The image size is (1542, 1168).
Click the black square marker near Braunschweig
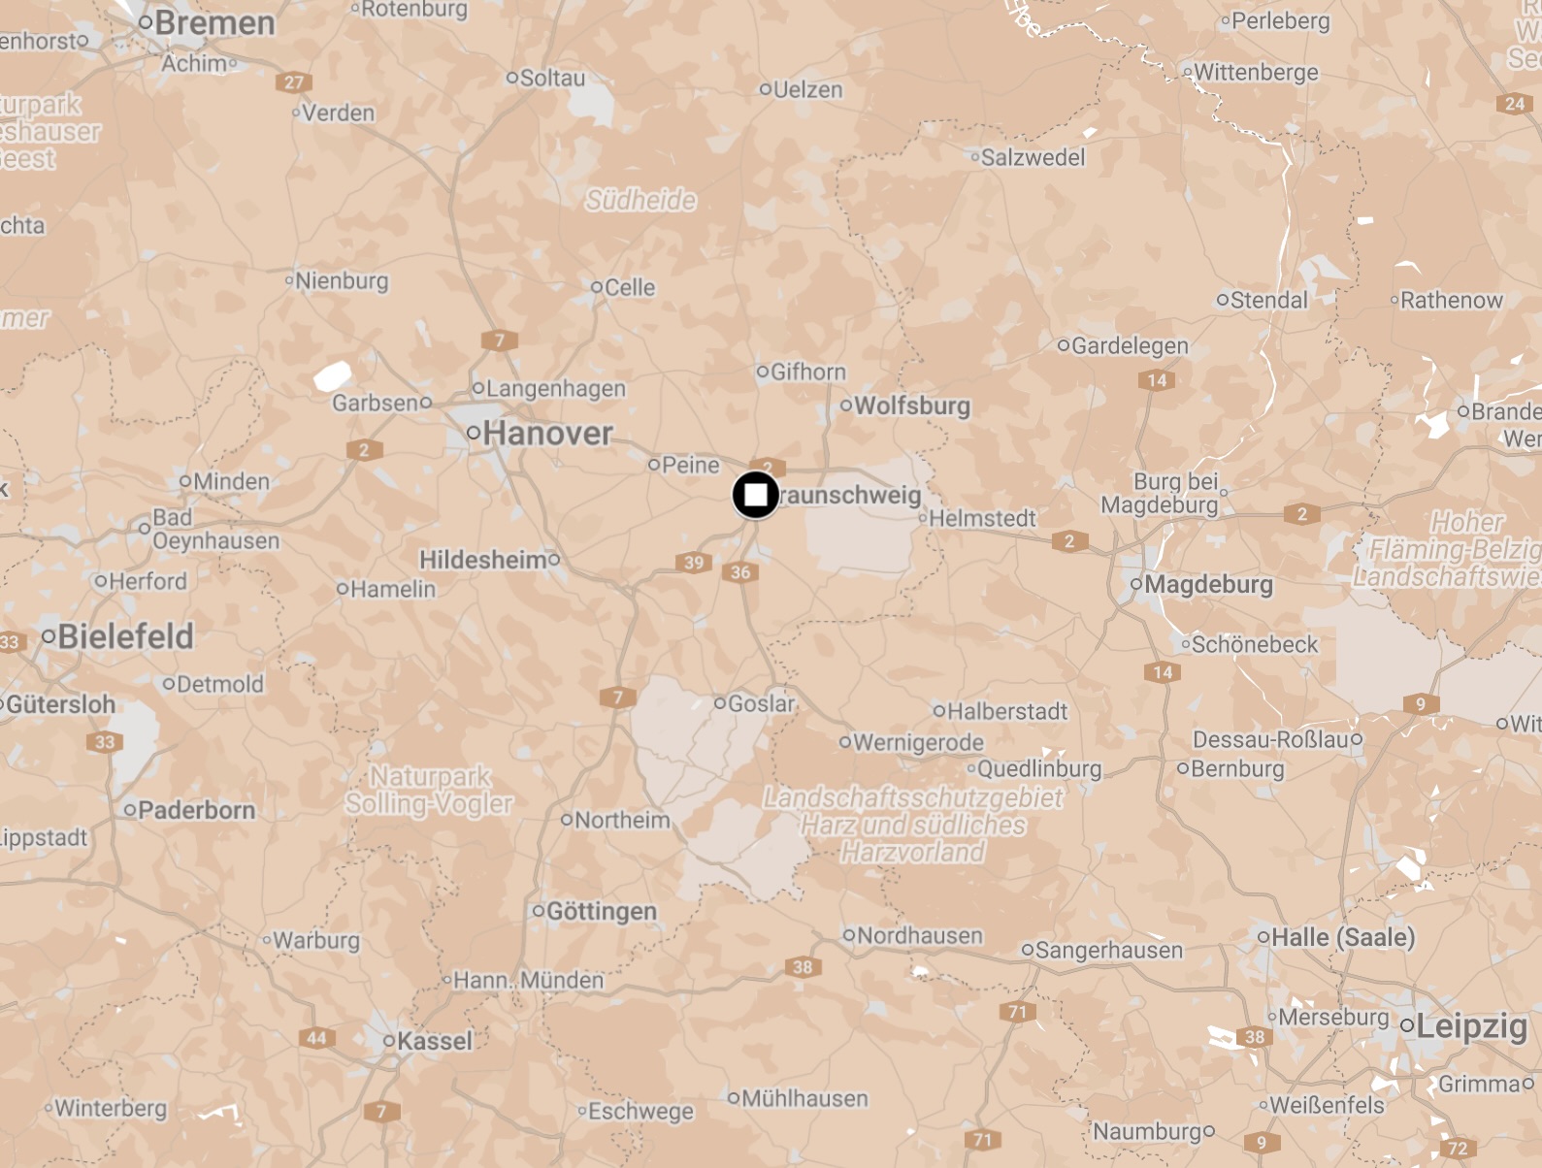755,495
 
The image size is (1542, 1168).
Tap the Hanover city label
547,434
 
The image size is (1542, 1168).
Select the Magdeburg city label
1208,584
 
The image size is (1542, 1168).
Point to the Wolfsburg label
911,406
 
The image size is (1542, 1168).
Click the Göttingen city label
601,911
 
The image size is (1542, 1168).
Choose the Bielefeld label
125,636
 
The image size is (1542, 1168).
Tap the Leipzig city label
1471,1026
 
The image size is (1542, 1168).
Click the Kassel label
434,1041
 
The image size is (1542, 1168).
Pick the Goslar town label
761,703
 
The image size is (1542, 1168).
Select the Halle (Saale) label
1342,937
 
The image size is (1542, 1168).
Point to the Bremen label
214,22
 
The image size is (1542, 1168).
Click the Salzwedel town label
1033,157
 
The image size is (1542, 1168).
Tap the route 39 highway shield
694,563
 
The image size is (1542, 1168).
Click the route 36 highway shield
740,572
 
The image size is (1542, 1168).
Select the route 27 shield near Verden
294,82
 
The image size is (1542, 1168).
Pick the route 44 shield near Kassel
316,1038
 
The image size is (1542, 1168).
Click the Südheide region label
640,200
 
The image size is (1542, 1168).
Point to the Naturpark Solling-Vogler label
430,790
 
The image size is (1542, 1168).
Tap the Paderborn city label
196,810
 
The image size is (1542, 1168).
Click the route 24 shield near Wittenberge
1515,104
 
